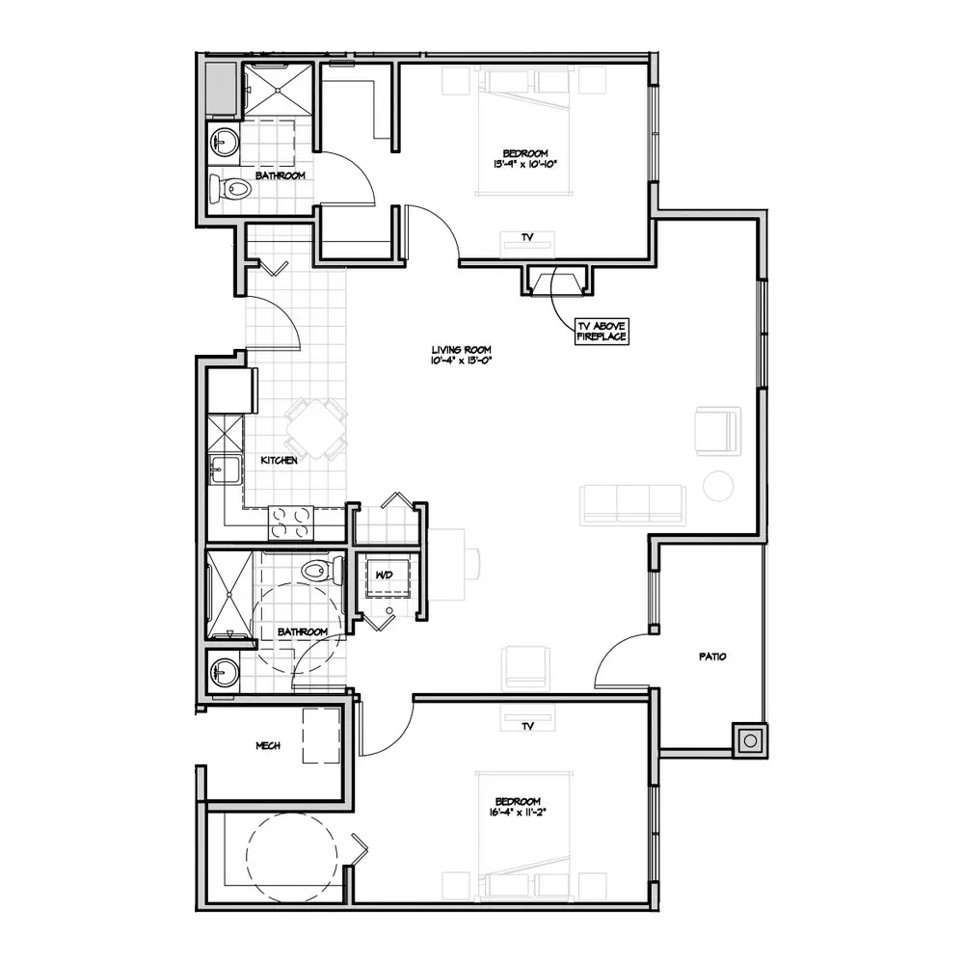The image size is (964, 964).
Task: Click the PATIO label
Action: (x=712, y=656)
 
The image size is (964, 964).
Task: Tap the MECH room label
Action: (x=268, y=746)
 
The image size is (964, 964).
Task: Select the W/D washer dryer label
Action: (x=385, y=575)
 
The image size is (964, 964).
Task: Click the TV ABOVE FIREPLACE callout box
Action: (x=602, y=332)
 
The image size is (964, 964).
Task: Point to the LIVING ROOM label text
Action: (x=461, y=350)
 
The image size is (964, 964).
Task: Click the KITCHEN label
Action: (x=280, y=460)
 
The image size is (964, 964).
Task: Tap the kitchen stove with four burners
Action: (x=291, y=523)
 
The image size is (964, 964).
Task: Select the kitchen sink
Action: (x=224, y=470)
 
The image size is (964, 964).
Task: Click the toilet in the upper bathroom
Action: (x=230, y=189)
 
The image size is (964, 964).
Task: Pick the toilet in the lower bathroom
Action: (x=322, y=571)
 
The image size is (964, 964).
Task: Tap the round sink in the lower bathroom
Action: (x=224, y=671)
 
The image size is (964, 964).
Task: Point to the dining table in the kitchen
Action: (x=316, y=429)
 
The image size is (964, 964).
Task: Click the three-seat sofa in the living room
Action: (x=633, y=505)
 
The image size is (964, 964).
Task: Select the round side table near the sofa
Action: (x=718, y=486)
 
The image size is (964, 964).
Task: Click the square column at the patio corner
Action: (x=750, y=740)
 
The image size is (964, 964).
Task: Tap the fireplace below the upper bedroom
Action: (x=557, y=281)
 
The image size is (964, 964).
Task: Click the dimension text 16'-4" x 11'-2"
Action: (x=518, y=812)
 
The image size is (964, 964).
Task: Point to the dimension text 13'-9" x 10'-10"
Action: (x=525, y=164)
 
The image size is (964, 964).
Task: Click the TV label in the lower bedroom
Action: (x=527, y=727)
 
